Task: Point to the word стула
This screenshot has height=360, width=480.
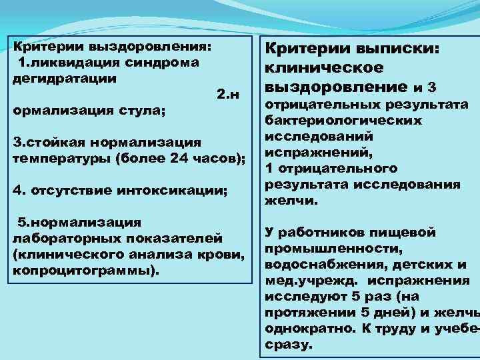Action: [x=145, y=111]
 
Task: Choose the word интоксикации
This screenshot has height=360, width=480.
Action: [x=175, y=191]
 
